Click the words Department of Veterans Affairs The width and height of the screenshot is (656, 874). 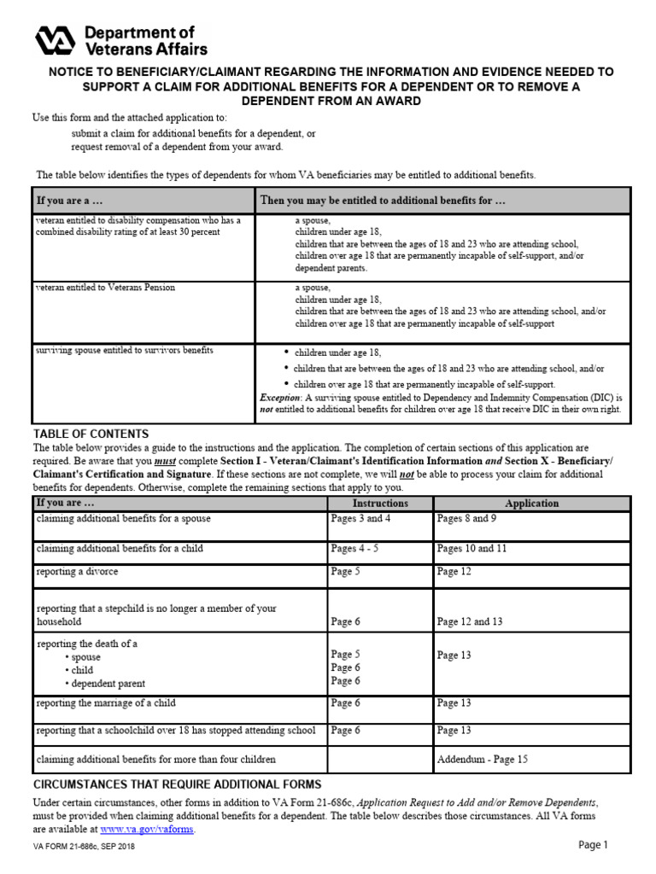point(145,39)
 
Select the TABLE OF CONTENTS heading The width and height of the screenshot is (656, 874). point(91,434)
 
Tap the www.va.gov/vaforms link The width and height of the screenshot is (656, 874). point(147,829)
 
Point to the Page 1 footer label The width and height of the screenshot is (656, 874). point(592,845)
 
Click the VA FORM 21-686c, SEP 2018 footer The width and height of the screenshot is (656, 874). point(83,847)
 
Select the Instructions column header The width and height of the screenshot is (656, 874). point(380,504)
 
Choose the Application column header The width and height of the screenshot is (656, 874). point(531,504)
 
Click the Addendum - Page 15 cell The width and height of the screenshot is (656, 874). point(482,758)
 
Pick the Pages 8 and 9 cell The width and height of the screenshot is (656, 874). point(466,518)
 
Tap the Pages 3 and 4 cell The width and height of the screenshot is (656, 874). point(360,518)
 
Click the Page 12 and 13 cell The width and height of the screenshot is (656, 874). point(470,621)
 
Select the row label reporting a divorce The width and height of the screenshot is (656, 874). point(77,571)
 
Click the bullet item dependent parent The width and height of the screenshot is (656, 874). point(108,684)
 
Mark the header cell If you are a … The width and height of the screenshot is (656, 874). point(68,201)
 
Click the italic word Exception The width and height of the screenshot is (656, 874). point(280,398)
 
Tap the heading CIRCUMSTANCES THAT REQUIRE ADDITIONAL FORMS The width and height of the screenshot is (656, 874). point(177,784)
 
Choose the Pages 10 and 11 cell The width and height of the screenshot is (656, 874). point(471,548)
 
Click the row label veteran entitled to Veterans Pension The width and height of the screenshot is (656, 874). point(105,288)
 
